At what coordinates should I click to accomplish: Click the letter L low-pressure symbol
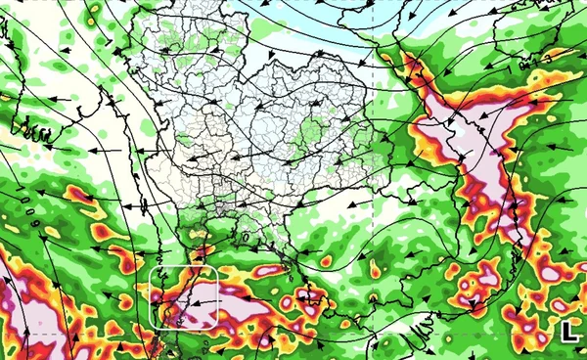click(x=568, y=332)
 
